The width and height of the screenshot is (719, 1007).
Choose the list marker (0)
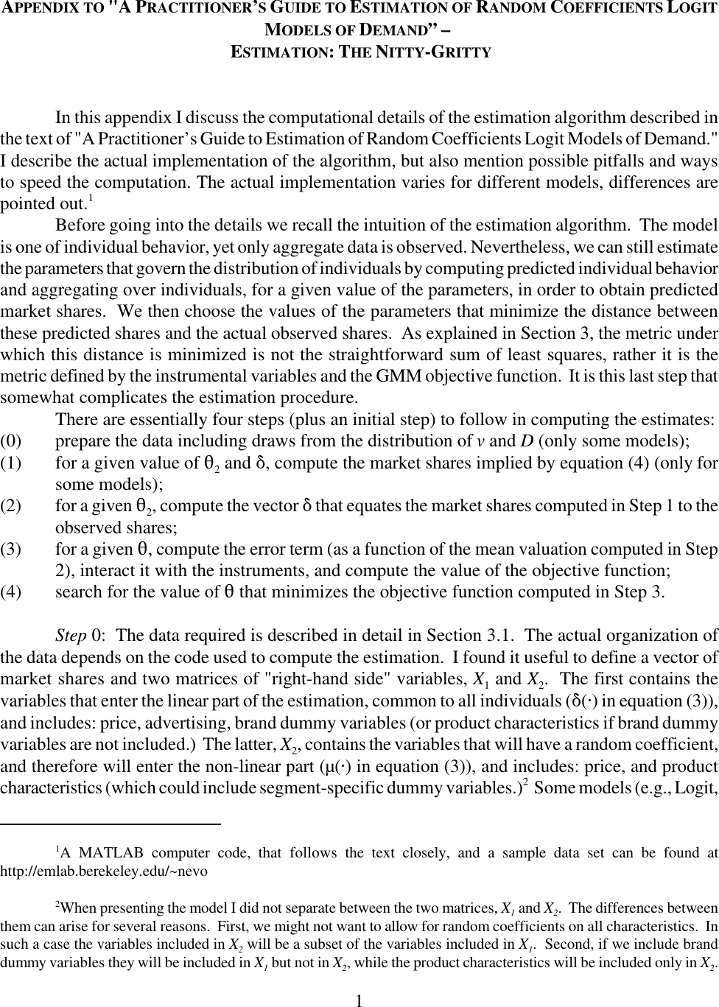click(12, 441)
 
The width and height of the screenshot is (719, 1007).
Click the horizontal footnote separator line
click(111, 823)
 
